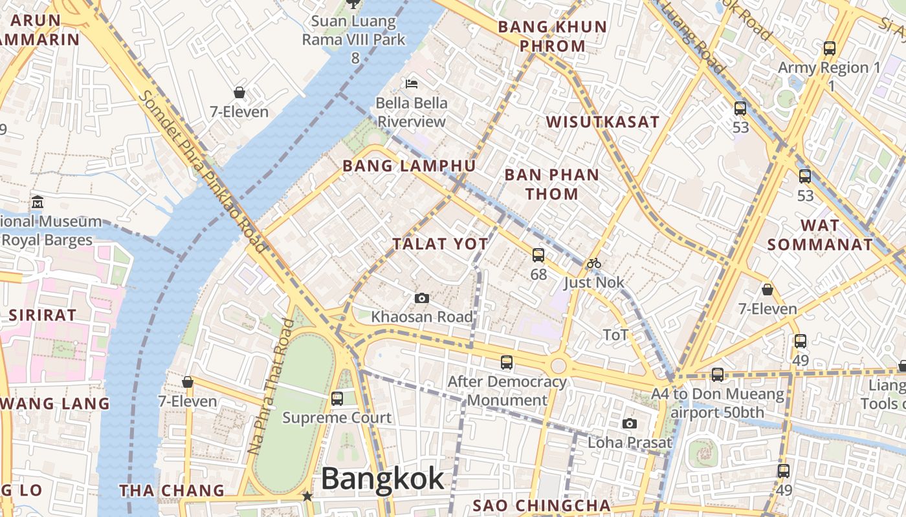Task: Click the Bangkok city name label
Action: tap(382, 480)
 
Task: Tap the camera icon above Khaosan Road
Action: tap(421, 298)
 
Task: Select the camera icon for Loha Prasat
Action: tap(629, 424)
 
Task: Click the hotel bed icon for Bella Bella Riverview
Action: tap(412, 83)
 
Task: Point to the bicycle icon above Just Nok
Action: tap(594, 263)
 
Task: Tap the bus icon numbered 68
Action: tap(538, 255)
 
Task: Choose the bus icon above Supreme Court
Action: tap(337, 398)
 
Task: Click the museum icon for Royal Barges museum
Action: tap(37, 202)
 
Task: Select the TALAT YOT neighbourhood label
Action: tap(440, 244)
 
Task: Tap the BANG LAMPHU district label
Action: tap(409, 166)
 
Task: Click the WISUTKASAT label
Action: tap(602, 122)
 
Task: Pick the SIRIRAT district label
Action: tap(43, 315)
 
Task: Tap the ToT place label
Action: tap(615, 335)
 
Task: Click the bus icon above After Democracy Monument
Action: tap(507, 363)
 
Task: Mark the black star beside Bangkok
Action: tap(307, 496)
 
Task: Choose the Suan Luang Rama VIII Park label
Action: tap(354, 30)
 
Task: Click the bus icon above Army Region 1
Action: tap(829, 48)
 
